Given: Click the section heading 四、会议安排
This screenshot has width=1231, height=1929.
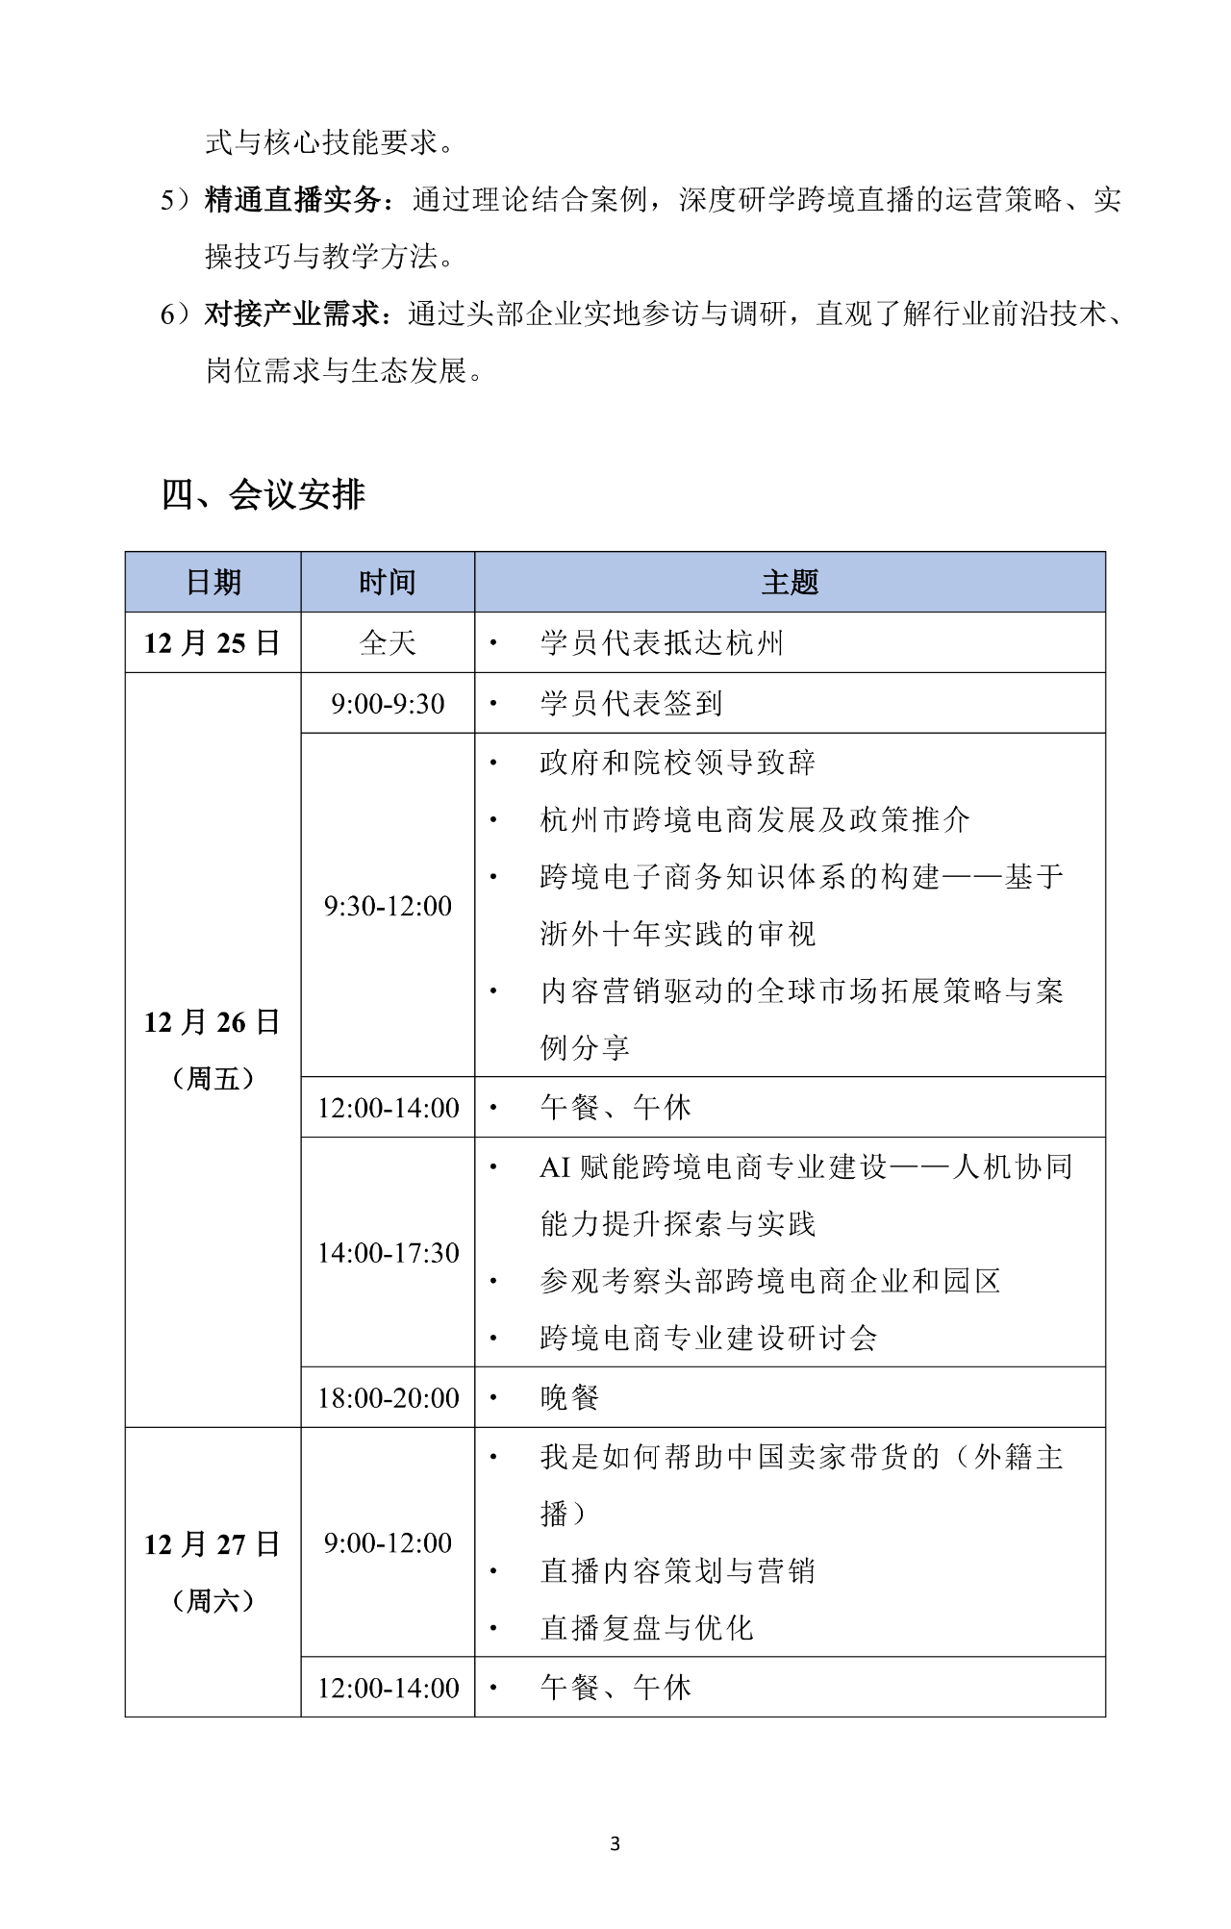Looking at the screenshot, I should coord(264,494).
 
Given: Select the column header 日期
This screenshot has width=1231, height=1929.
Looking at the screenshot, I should coord(213,582).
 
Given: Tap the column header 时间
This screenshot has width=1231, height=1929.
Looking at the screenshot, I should coord(388,582).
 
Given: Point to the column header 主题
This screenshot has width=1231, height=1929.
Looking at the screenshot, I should coord(790,582).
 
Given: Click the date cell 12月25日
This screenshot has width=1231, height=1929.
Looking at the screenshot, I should coord(213,642).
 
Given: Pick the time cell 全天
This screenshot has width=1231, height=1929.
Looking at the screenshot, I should coord(388,642).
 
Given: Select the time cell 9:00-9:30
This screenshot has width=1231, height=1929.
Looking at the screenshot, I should coord(388,703).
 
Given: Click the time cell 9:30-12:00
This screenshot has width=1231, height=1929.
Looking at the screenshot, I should coord(388,905).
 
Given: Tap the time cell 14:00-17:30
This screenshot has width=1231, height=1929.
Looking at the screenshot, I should coord(388,1252).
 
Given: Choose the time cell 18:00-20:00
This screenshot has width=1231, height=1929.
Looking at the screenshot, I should coord(388,1397).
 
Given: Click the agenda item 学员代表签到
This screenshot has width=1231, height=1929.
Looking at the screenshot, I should coord(631,703).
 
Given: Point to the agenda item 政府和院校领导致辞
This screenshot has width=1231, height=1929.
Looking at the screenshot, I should coord(677,763).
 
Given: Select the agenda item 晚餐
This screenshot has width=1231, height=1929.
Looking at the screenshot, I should coord(569,1397).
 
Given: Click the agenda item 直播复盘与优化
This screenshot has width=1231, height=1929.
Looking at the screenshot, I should coord(646,1627).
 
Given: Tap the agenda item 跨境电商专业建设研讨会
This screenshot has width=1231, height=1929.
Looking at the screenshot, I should coord(708,1338).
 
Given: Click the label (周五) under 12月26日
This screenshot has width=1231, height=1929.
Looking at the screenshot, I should coord(213,1078).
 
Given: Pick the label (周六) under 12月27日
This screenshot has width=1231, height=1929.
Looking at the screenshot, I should coord(213,1600).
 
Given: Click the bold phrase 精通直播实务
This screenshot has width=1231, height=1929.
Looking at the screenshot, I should coord(293,200).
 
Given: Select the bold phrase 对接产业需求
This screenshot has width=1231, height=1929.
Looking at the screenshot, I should coord(293,313).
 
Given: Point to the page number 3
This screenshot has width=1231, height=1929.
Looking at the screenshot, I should coord(615,1843).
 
